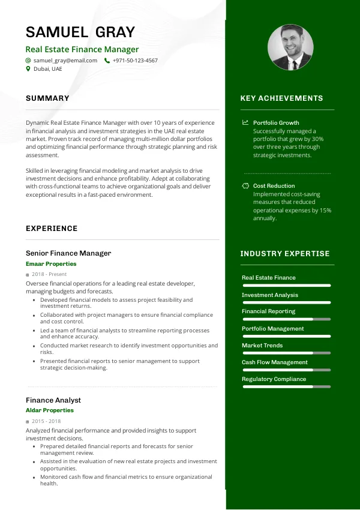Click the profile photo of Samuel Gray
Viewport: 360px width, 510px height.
pos(290,47)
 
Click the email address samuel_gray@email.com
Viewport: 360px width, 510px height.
pos(65,61)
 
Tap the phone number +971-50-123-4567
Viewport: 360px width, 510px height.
pos(135,61)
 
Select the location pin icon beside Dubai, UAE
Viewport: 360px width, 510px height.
pos(28,69)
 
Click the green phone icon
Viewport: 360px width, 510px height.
pos(107,61)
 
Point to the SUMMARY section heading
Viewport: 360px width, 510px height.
pos(47,98)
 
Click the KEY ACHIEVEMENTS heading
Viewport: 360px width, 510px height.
pos(281,98)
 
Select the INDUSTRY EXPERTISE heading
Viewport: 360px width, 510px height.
pos(285,254)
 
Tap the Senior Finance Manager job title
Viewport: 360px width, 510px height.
pos(68,253)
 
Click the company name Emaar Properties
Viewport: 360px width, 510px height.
pos(51,264)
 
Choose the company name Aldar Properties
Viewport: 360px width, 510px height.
pos(50,410)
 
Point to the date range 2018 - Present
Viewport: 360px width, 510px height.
pos(50,274)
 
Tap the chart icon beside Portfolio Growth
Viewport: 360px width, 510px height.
pos(245,122)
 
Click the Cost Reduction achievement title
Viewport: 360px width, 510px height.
pos(274,186)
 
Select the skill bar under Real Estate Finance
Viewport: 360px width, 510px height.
pos(286,285)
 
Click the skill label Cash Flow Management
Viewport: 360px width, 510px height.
pos(275,362)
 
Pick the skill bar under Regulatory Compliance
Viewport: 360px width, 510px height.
pos(286,387)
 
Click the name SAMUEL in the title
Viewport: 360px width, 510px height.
pos(56,32)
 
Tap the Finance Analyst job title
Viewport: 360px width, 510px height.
pos(53,400)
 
